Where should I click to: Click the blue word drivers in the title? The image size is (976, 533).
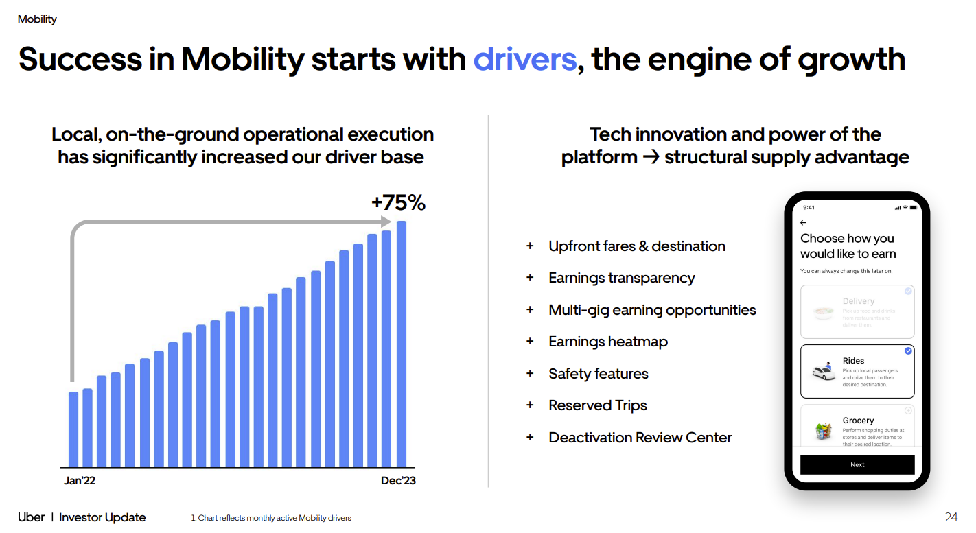pos(524,59)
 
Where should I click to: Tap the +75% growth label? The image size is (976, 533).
pos(398,203)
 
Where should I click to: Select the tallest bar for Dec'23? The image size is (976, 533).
pos(402,343)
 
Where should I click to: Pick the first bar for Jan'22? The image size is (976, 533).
pos(73,429)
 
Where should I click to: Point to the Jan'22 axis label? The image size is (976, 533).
pos(80,481)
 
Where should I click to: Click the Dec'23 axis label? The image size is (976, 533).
pos(398,481)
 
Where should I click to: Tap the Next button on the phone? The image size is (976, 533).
pos(857,464)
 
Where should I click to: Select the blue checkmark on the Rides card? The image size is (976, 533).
pos(908,351)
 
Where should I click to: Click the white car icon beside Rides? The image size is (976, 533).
pos(824,372)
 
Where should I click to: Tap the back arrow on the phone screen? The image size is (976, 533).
pos(804,223)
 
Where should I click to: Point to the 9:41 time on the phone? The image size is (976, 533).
pos(809,207)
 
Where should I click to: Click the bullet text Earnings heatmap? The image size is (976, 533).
pos(608,342)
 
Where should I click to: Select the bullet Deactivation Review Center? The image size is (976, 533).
pos(640,438)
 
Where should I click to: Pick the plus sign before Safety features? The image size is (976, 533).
pos(530,373)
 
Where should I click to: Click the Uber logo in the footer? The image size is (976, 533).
pos(31,517)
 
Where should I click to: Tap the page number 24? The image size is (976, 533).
pos(951,517)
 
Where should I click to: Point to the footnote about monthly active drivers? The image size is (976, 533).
pos(271,518)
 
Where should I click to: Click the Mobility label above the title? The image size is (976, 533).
pos(37,19)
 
